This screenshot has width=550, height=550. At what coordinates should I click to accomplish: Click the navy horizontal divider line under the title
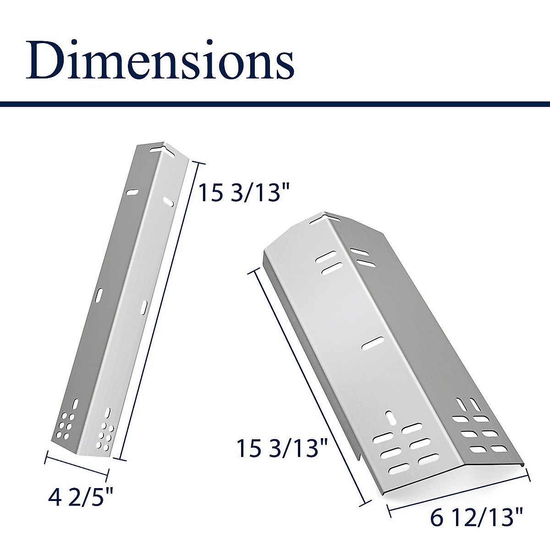[x=275, y=104]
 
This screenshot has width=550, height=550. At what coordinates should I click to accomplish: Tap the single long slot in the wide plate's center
[x=373, y=343]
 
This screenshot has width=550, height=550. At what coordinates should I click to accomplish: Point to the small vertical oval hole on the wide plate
[x=390, y=417]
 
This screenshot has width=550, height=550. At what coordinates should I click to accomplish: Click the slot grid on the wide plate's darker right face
[x=475, y=428]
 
